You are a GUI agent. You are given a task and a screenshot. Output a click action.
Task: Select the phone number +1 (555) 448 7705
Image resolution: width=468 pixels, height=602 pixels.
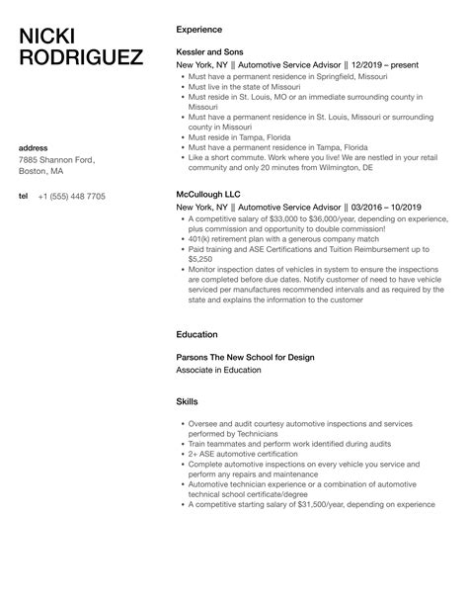71,196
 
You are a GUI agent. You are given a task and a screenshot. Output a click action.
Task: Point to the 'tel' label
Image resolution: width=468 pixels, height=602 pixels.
24,196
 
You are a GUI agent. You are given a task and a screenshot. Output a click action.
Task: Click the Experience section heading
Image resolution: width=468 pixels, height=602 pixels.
198,30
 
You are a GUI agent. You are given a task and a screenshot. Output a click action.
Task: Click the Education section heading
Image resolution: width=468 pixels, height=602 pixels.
197,334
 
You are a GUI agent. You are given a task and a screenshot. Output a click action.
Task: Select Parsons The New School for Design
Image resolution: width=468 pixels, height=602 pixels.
245,356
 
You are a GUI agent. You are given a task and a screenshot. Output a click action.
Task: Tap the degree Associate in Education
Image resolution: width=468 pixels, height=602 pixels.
218,370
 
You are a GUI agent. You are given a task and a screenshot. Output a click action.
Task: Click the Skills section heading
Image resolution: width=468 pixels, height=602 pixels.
187,403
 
